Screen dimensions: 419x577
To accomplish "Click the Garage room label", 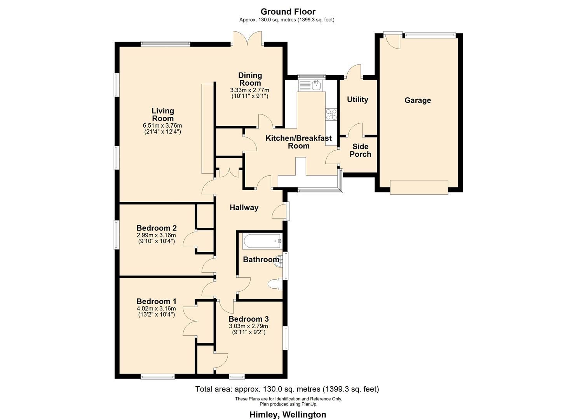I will click(418, 100).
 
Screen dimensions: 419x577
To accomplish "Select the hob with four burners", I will click(331, 114).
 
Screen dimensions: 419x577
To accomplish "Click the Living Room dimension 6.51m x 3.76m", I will click(162, 126).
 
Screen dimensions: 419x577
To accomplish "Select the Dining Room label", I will click(250, 79).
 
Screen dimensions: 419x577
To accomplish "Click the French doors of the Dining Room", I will click(248, 39).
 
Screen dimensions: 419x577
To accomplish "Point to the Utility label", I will click(357, 100).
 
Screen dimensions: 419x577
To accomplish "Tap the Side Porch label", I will click(360, 151).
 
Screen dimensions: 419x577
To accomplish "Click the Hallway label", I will click(244, 208).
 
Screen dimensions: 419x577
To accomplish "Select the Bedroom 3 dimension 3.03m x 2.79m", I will click(249, 326).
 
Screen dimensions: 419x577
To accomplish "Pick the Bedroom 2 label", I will click(157, 228).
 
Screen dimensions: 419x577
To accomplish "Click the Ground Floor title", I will click(288, 12).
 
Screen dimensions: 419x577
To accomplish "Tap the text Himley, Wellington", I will click(288, 414).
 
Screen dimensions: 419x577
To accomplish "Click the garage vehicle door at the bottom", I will click(419, 187).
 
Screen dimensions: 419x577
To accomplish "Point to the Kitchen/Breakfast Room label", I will click(298, 142).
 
